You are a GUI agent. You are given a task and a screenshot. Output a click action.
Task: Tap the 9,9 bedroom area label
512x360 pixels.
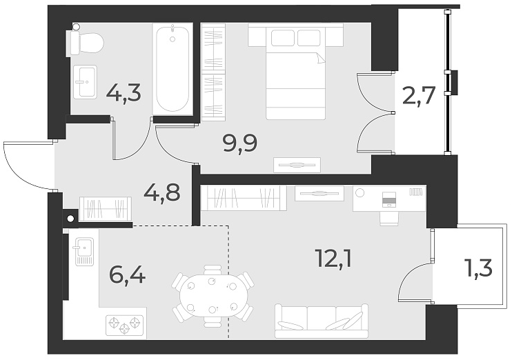point(240,144)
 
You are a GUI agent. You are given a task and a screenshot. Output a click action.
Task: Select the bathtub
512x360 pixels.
point(172,69)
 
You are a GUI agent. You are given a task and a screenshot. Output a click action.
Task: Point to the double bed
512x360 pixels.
point(296,72)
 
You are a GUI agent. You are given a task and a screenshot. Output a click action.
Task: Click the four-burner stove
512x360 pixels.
point(124,323)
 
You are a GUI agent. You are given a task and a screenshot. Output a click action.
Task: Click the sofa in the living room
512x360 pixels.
point(321,321)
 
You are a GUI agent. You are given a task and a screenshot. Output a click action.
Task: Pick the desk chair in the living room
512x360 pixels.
point(389,217)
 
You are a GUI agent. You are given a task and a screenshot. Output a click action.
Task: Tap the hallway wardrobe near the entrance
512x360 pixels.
point(106,208)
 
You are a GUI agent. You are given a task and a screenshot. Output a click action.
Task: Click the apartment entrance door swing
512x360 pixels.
point(28,166)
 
